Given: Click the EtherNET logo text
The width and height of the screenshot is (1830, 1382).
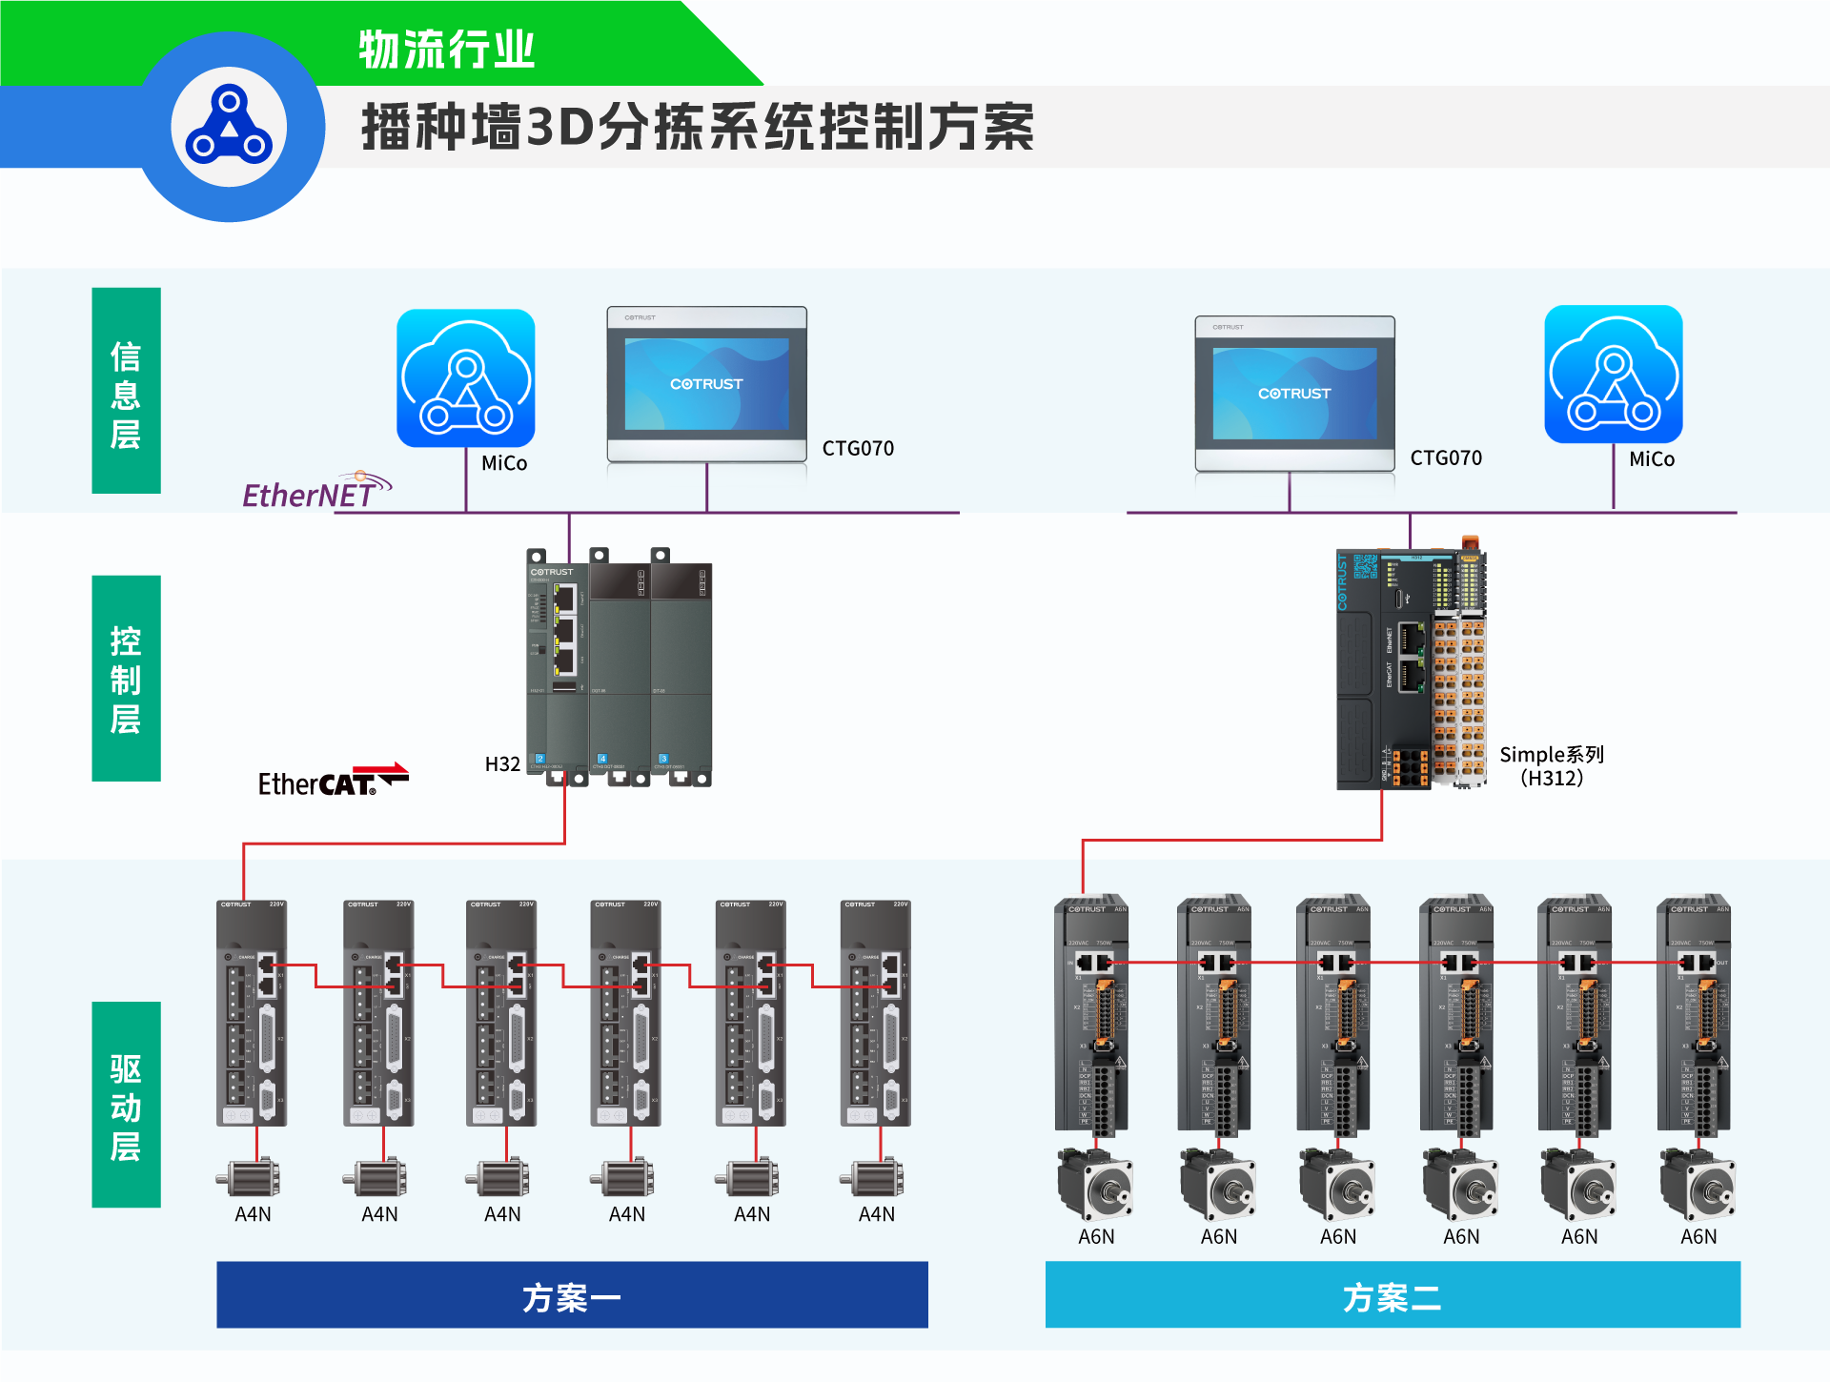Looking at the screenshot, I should point(310,495).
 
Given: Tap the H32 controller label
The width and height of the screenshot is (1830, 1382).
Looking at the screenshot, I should point(502,764).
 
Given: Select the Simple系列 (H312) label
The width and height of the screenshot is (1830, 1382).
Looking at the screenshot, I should point(1551,766).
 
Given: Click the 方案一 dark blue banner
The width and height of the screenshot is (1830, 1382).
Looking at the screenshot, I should point(572,1295).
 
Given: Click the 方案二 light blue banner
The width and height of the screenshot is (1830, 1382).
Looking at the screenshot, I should point(1392,1295).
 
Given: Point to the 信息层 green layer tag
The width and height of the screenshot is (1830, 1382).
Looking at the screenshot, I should point(126,391).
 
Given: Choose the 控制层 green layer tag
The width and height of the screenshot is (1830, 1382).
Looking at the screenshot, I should point(126,679).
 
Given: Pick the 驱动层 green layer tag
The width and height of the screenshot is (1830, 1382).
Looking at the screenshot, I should point(126,1105).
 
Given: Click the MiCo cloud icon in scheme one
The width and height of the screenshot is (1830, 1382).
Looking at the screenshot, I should point(466,378).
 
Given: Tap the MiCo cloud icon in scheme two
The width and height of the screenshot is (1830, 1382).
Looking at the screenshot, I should point(1613,375).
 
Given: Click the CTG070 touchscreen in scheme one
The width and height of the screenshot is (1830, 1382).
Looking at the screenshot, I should point(707,384).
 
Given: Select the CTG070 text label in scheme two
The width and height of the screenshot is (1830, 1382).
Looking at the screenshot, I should point(1446,458).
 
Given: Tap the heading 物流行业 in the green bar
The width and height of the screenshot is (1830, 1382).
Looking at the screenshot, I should point(447,50).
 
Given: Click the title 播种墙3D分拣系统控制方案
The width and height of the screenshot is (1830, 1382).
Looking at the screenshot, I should point(698,128).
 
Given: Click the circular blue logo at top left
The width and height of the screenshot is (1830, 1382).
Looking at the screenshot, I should point(229,127).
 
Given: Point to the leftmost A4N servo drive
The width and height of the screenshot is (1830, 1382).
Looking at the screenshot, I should point(252,1013).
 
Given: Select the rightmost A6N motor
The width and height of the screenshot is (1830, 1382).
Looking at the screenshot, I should point(1698,1185).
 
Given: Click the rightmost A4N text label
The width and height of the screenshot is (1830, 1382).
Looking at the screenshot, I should point(877,1214).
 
